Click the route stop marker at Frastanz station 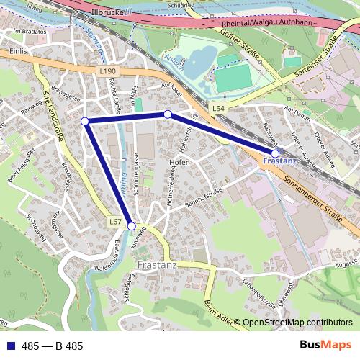(275, 153)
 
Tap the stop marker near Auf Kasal (168, 114)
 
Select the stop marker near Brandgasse (85, 121)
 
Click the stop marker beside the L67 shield (131, 226)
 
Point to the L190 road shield (107, 71)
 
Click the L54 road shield (219, 107)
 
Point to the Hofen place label (179, 163)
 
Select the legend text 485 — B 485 (52, 346)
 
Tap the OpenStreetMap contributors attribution (297, 323)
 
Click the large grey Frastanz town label (157, 265)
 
